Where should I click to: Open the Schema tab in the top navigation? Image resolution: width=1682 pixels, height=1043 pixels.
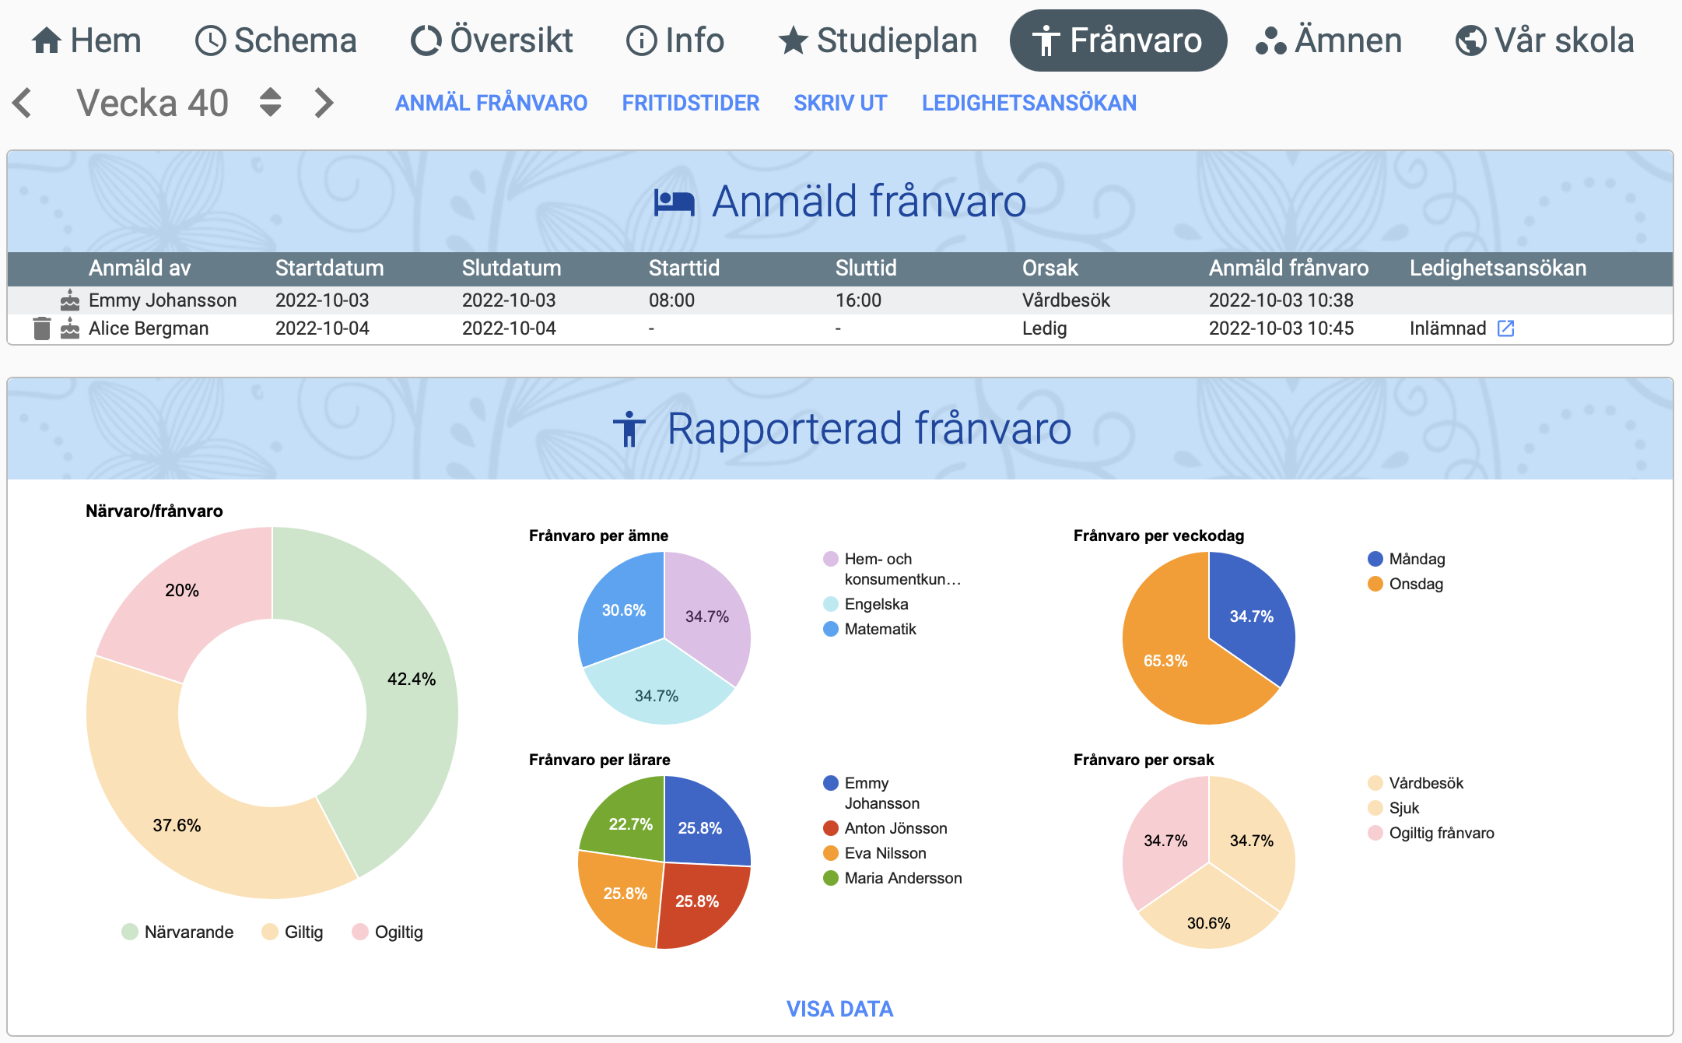coord(275,40)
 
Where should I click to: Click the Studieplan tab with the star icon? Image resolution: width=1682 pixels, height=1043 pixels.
coord(878,40)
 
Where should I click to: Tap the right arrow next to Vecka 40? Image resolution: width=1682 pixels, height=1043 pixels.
coord(324,103)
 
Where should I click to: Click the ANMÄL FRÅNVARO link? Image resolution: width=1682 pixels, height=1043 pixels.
coord(491,103)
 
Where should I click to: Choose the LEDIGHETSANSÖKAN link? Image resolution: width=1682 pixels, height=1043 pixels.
coord(1028,103)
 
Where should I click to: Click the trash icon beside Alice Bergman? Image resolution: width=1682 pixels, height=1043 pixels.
coord(42,328)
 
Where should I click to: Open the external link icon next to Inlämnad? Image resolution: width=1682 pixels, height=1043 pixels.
coord(1505,328)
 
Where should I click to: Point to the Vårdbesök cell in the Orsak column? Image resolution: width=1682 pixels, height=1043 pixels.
coord(1066,300)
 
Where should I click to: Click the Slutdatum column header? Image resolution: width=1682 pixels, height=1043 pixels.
coord(511,269)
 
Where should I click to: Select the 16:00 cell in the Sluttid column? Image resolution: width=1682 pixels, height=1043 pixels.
coord(858,300)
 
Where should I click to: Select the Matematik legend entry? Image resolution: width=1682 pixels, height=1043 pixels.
coord(871,629)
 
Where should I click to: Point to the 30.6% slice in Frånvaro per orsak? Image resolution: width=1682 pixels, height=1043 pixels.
coord(1208,918)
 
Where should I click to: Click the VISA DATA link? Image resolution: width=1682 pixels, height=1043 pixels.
coord(839,1009)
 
